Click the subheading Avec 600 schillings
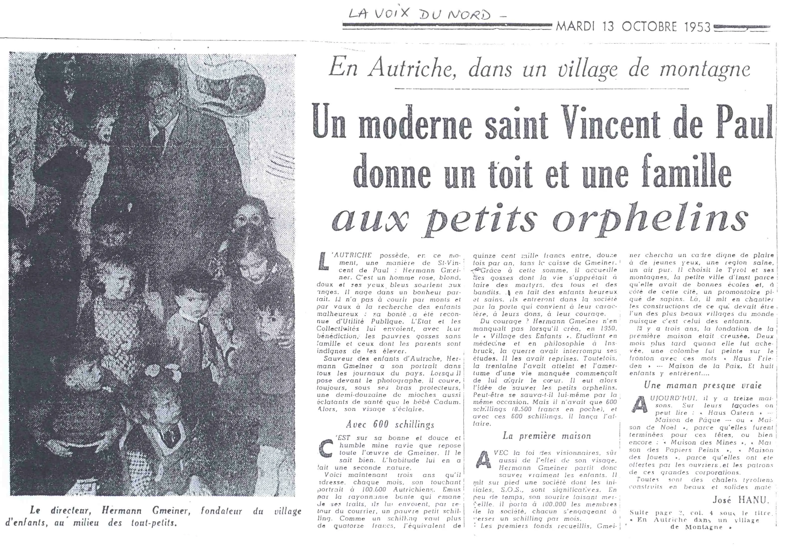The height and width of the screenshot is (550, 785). pyautogui.click(x=390, y=424)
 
